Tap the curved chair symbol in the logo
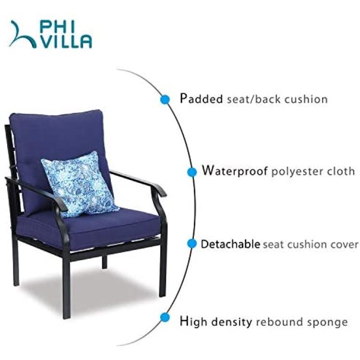pos(22,34)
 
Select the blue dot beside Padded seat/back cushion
pos(165,99)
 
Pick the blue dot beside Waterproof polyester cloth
pos(192,172)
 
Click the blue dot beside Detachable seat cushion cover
pos(192,243)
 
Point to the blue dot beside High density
pos(165,318)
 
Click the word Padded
pos(201,99)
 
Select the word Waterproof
pos(235,171)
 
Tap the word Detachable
pos(230,244)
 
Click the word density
pos(231,322)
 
